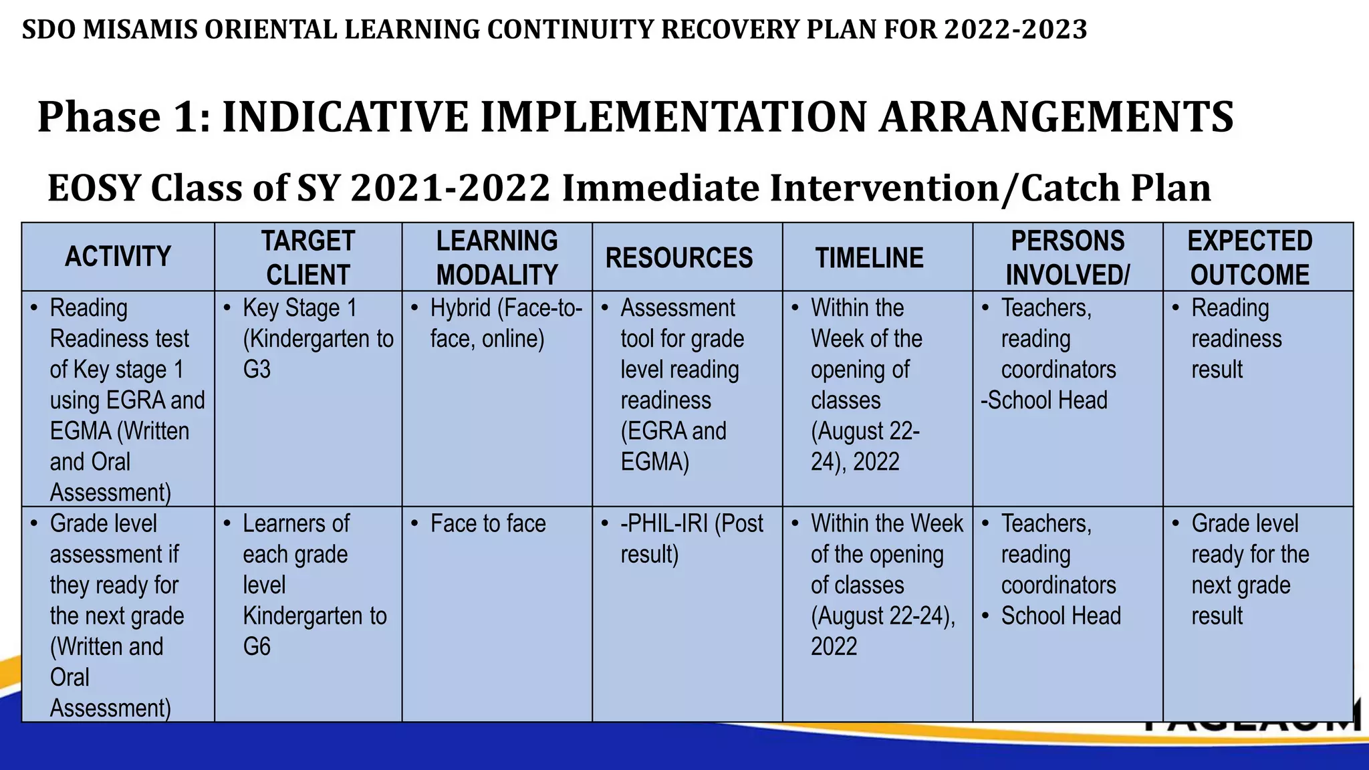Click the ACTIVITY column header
click(x=118, y=257)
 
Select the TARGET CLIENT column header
click(x=307, y=257)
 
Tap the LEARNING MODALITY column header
click(x=497, y=257)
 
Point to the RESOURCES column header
click(x=679, y=258)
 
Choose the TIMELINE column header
click(x=869, y=258)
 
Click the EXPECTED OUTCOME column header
click(x=1250, y=257)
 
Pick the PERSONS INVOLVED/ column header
click(x=1068, y=257)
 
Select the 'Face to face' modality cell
click(x=488, y=523)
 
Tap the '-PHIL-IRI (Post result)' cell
click(x=691, y=539)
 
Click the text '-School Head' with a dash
click(x=1044, y=400)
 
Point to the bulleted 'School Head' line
click(x=1061, y=616)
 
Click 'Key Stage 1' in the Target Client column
click(x=299, y=308)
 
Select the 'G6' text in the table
click(x=257, y=646)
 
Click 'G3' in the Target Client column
click(x=257, y=370)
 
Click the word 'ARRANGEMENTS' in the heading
click(x=1056, y=117)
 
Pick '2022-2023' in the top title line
click(x=1015, y=29)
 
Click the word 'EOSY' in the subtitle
click(x=94, y=188)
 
